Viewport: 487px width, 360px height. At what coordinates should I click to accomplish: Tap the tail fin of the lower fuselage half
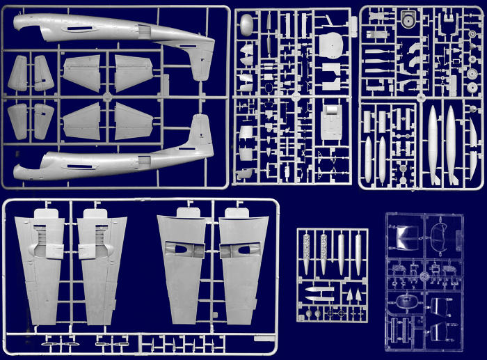[201, 132]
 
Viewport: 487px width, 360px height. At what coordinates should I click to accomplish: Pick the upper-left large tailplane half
[81, 72]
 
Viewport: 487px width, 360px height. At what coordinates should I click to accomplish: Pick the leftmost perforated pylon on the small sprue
[308, 255]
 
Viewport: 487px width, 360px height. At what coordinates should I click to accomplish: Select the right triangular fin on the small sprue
[360, 295]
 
